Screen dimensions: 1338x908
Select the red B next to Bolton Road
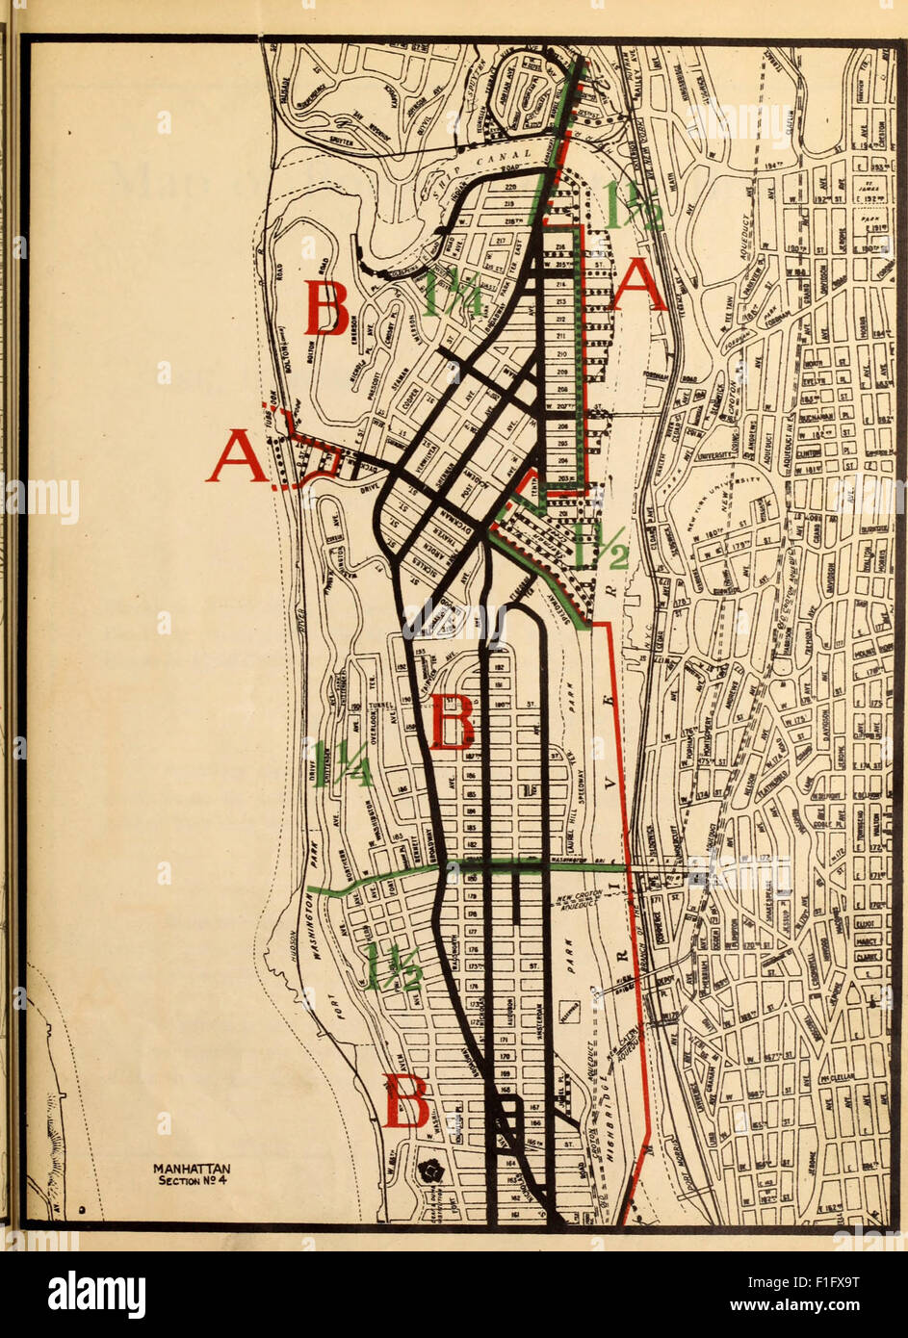tap(326, 307)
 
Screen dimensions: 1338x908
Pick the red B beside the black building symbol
tap(406, 1102)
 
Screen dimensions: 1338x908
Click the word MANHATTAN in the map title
tap(193, 1170)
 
